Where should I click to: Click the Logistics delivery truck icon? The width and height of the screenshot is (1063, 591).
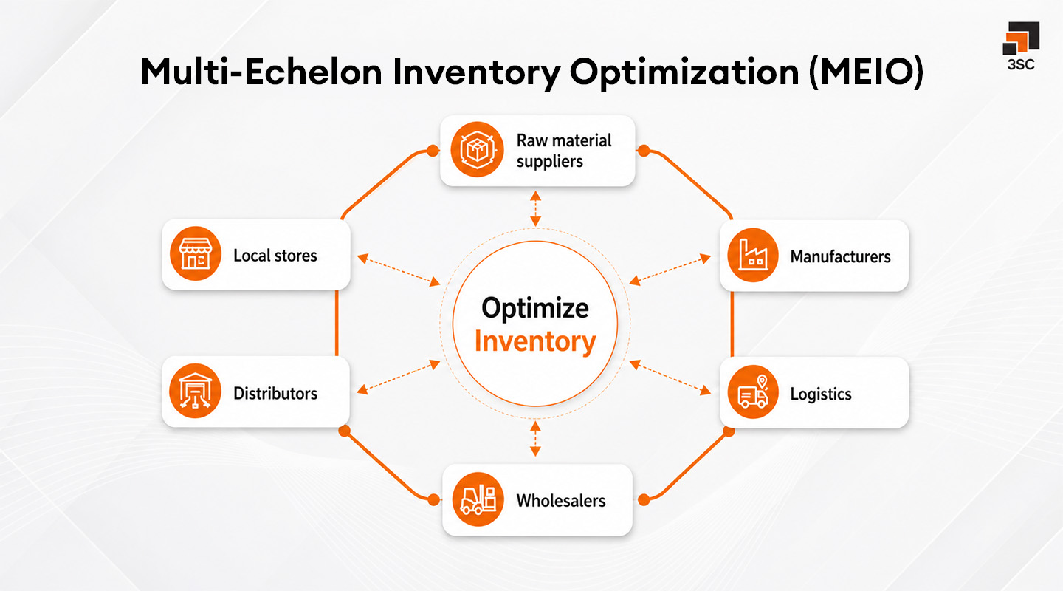click(x=752, y=392)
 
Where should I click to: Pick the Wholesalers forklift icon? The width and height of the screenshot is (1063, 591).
click(x=477, y=499)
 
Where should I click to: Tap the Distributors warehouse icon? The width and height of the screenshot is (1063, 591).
click(x=195, y=392)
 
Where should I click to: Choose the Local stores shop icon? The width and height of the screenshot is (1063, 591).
click(x=195, y=255)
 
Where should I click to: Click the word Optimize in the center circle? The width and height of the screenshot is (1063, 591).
click(x=535, y=308)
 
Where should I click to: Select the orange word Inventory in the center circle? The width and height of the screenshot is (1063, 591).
click(x=535, y=342)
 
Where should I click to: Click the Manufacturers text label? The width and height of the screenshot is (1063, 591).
click(x=840, y=256)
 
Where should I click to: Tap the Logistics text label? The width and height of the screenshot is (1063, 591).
click(x=821, y=394)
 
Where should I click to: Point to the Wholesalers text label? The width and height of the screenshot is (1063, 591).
click(x=561, y=500)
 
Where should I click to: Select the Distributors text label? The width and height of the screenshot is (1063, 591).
click(x=275, y=393)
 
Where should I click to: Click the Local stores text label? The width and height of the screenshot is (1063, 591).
click(x=275, y=256)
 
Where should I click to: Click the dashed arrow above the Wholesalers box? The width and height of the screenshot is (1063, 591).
click(x=536, y=439)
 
